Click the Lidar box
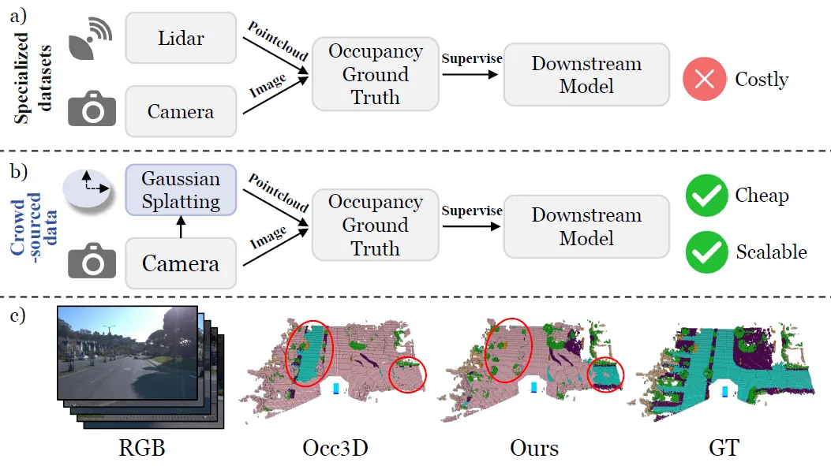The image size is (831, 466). [181, 37]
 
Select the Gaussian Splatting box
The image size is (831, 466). [181, 189]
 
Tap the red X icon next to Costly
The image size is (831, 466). [705, 79]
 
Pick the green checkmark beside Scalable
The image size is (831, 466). [706, 252]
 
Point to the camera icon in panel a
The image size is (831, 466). [92, 110]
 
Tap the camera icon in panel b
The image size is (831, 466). [92, 262]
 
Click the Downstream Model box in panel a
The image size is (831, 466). [586, 75]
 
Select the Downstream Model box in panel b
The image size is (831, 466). [586, 226]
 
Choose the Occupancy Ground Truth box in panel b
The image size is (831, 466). [375, 226]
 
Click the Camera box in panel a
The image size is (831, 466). [181, 111]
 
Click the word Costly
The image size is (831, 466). [761, 80]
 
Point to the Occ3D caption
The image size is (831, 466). [336, 449]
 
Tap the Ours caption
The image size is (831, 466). [534, 449]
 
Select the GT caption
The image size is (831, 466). [724, 449]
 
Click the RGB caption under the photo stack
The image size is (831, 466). [142, 449]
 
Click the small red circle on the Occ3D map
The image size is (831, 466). [407, 374]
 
